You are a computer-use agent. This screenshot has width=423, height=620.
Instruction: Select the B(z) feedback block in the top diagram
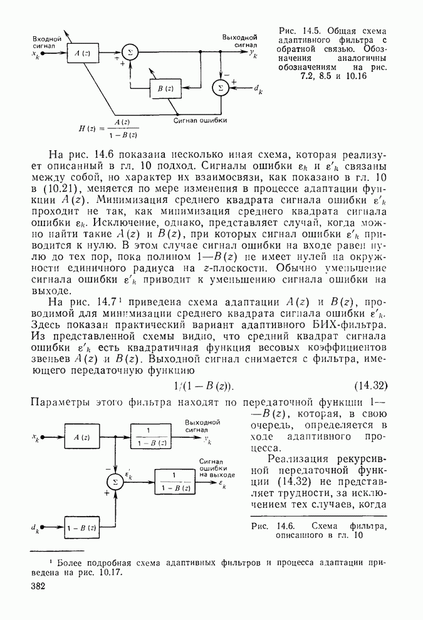165,89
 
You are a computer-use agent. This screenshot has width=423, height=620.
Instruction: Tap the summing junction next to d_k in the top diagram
219,88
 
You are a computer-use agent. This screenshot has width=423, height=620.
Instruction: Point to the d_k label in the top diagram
257,92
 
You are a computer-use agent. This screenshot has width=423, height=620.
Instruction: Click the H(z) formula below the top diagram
110,128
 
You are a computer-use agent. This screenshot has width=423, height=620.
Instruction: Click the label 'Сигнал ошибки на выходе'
217,468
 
